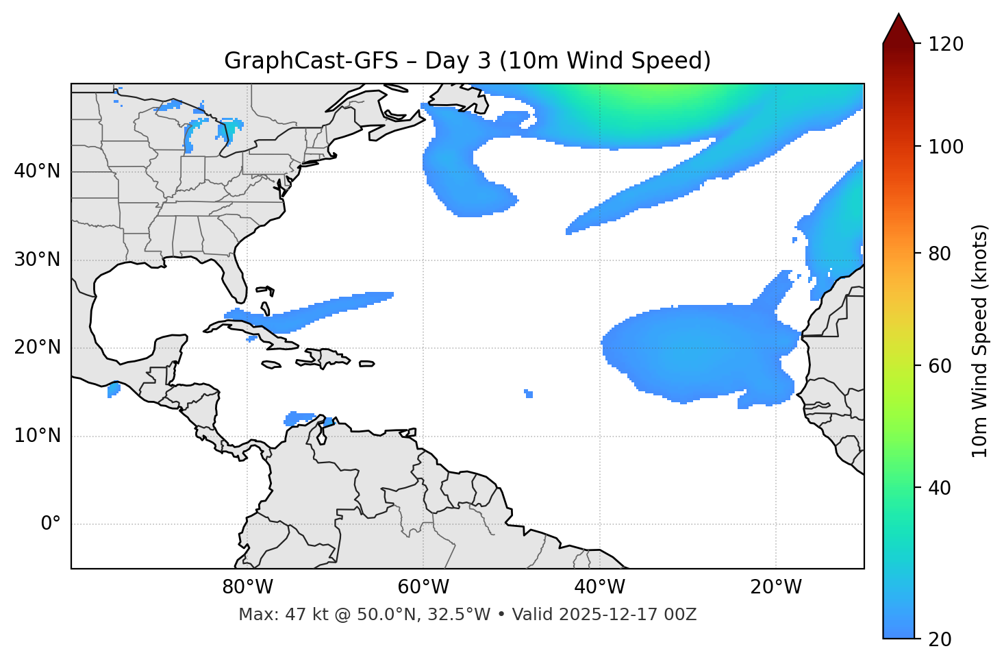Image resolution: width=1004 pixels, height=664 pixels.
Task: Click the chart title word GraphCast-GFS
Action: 311,61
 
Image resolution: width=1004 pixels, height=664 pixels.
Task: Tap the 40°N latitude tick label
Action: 38,171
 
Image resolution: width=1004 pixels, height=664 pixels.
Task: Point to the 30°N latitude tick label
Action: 38,260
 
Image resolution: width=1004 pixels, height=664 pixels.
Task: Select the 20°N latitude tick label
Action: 38,347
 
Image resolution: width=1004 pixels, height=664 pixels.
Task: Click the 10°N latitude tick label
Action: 38,436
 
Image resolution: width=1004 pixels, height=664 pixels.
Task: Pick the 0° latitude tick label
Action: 51,524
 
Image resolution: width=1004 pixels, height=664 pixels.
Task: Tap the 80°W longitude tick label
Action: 247,587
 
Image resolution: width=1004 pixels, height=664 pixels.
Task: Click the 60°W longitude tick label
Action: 423,587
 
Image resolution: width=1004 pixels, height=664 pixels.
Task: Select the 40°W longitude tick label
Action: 599,587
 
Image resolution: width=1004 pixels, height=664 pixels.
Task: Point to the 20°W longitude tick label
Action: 775,587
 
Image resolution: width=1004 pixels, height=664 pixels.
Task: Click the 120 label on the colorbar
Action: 945,45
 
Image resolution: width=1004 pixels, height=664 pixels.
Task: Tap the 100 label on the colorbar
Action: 945,147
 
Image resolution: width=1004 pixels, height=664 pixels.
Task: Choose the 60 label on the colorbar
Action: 941,366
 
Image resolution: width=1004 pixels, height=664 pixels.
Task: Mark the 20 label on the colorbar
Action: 941,639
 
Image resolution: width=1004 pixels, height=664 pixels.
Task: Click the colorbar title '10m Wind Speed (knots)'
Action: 980,341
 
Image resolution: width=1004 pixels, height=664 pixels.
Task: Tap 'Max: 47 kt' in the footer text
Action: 268,615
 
